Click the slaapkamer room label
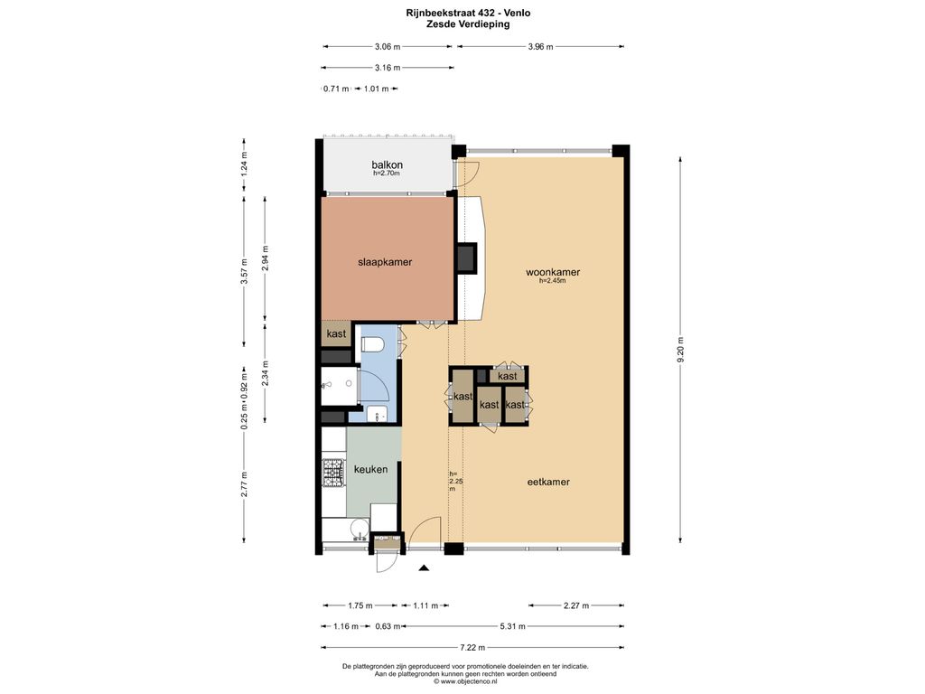point(385,262)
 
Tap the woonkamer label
point(553,272)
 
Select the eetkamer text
point(548,482)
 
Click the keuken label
point(370,469)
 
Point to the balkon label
point(387,164)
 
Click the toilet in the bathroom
point(372,344)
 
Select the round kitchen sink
point(358,528)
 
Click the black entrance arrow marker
point(424,568)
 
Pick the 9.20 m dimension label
point(680,352)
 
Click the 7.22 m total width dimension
point(472,647)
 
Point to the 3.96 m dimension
point(540,47)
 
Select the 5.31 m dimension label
point(512,626)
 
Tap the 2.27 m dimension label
point(575,605)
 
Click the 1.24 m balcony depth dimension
point(244,164)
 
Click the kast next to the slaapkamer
point(336,334)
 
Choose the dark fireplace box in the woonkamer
point(467,258)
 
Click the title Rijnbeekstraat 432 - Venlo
point(468,13)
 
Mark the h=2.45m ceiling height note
point(552,281)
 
